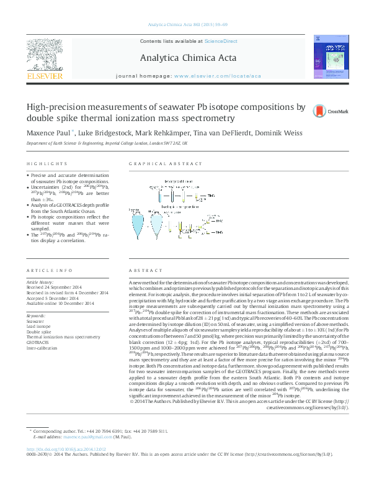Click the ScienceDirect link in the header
[x=221, y=41]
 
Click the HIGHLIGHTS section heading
[x=47, y=163]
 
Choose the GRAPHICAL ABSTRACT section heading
[x=165, y=163]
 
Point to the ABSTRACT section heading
[x=142, y=271]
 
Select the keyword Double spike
[x=38, y=332]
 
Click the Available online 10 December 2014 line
[x=60, y=303]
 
